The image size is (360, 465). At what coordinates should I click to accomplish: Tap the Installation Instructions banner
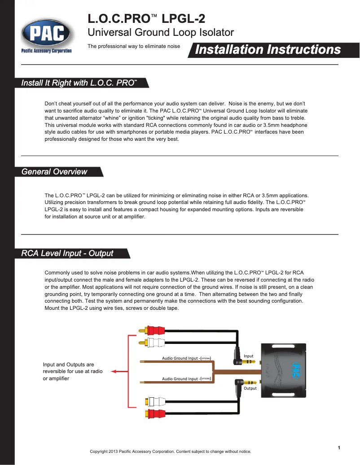[x=268, y=49]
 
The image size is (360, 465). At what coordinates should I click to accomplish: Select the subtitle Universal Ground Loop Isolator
[x=161, y=33]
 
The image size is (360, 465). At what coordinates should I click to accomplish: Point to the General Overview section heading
[x=55, y=172]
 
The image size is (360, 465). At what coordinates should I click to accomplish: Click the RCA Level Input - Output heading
[x=67, y=253]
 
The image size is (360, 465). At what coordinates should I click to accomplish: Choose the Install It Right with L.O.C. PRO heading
[x=79, y=83]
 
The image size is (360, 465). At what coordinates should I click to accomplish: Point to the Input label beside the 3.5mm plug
[x=249, y=356]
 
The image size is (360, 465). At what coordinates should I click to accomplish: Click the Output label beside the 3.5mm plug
[x=250, y=388]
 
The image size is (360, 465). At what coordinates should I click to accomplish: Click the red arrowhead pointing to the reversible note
[x=114, y=371]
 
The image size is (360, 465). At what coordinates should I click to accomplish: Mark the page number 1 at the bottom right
[x=339, y=448]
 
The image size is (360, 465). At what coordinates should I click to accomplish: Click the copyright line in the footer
[x=171, y=451]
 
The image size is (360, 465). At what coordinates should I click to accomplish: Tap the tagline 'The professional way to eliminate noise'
[x=134, y=46]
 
